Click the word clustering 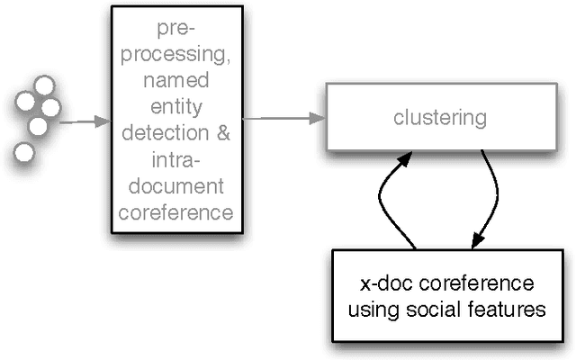(441, 117)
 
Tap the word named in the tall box (176, 81)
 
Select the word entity (176, 108)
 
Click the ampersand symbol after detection (224, 135)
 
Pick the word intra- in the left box (176, 162)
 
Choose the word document (176, 188)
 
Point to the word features (514, 310)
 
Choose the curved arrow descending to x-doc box (493, 198)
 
